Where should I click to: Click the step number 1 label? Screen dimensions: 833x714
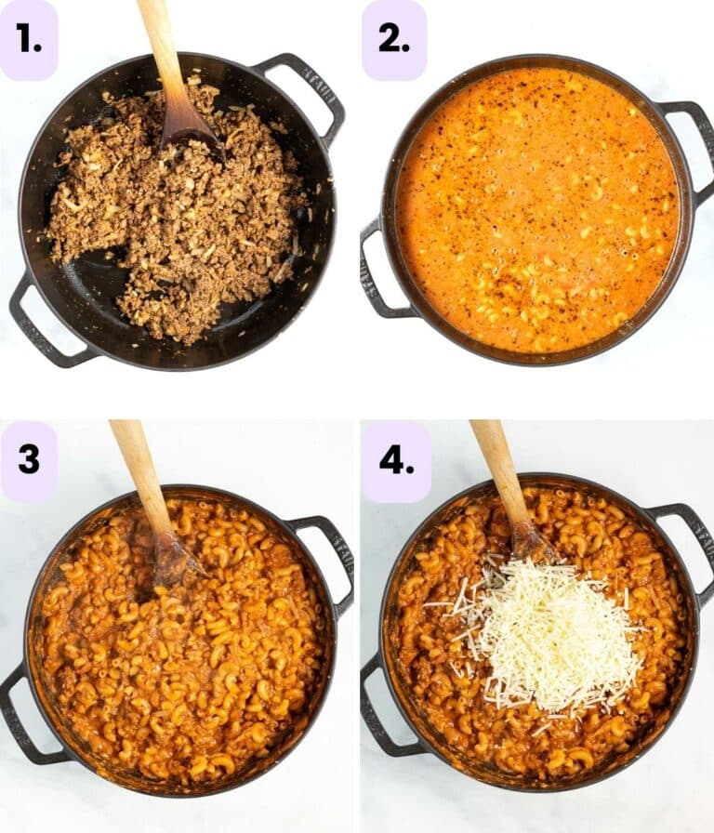(28, 40)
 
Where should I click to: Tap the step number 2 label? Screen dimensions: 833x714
(393, 40)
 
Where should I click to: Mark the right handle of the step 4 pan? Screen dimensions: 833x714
(693, 549)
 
